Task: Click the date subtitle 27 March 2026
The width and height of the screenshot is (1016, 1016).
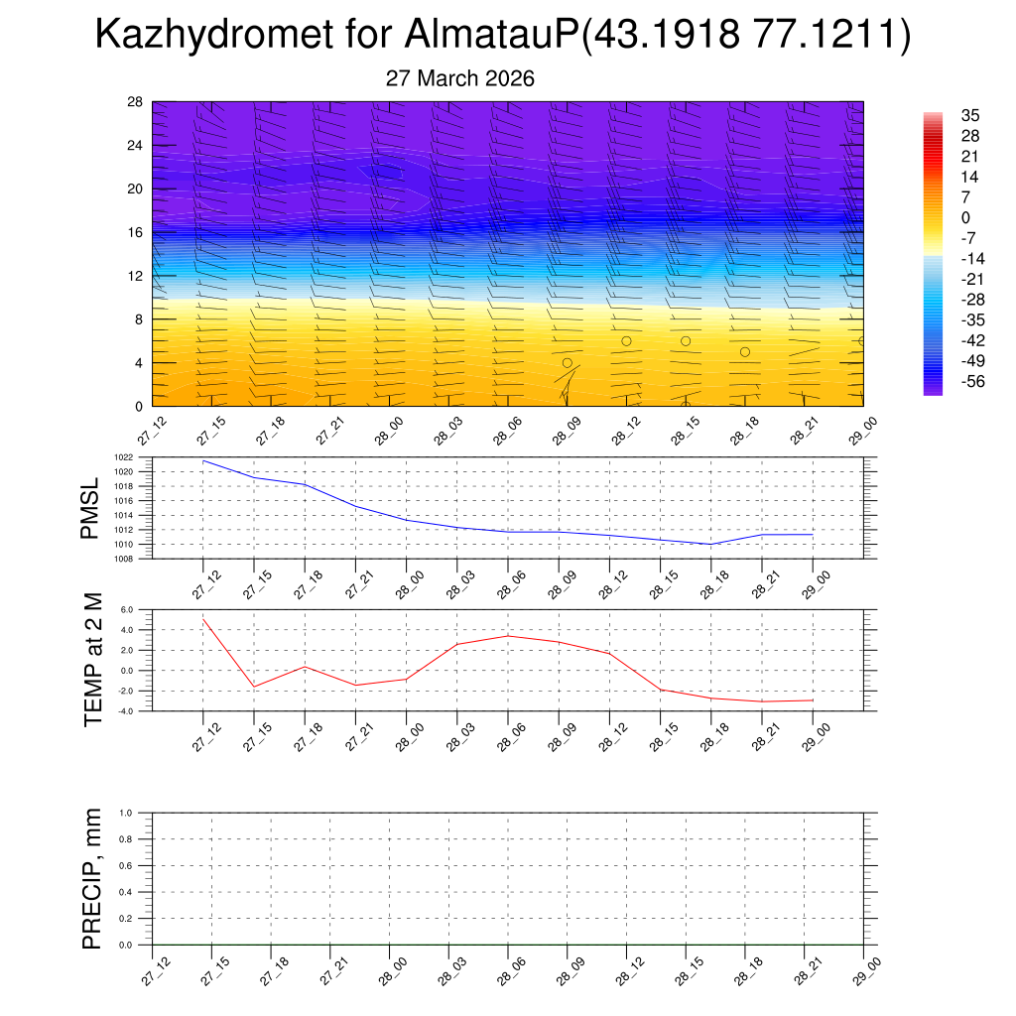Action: coord(459,78)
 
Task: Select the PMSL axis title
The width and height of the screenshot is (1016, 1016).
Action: coord(90,508)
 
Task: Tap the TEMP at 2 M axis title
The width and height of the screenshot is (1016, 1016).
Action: coord(93,660)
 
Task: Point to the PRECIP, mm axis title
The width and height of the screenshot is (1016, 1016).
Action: coord(92,879)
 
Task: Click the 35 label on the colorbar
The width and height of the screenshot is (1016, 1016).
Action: coord(970,115)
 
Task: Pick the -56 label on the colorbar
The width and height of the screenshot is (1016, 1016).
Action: coord(973,381)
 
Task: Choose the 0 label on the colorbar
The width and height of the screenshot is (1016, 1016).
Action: coord(965,217)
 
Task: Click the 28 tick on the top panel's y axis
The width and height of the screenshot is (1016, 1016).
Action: coord(135,102)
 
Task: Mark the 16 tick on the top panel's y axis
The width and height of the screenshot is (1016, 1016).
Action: coord(135,232)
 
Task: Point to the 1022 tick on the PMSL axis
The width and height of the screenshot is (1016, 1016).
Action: coord(139,457)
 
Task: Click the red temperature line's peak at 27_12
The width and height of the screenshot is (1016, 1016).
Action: coord(203,619)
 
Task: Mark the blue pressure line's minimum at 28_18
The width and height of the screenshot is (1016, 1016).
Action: coord(710,544)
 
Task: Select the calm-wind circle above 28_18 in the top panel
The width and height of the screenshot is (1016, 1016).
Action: coord(745,352)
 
